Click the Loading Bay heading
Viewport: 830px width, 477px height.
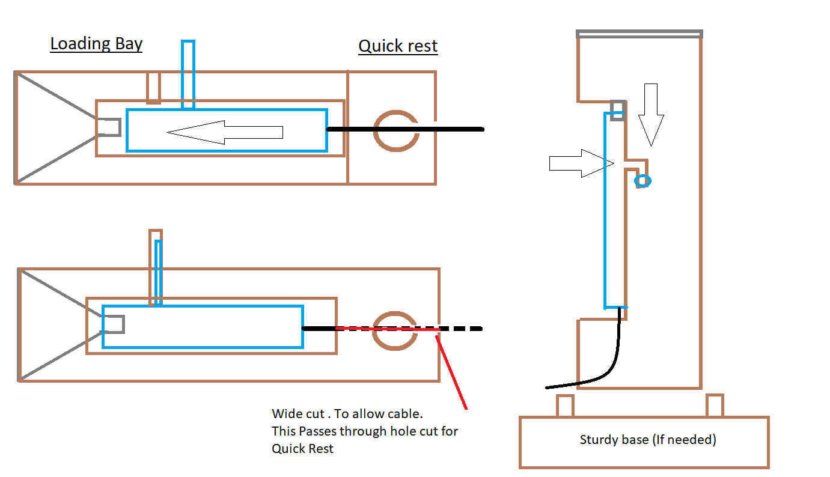click(x=96, y=44)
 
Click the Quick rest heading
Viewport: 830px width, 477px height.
click(x=398, y=46)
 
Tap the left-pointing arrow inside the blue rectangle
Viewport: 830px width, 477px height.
click(x=225, y=132)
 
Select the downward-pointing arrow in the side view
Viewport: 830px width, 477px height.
click(x=651, y=115)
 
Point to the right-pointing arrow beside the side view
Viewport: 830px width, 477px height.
click(x=581, y=163)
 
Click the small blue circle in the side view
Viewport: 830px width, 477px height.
click(x=643, y=181)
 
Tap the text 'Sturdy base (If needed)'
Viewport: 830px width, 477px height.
click(x=648, y=440)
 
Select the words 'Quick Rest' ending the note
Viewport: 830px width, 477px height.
click(x=302, y=449)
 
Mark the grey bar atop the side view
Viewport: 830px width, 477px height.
click(x=639, y=34)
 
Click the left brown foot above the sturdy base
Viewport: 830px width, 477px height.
click(x=565, y=406)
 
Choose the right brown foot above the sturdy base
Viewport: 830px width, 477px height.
click(x=715, y=406)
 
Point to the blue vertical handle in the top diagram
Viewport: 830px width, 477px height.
click(x=188, y=74)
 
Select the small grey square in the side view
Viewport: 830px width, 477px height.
click(x=618, y=111)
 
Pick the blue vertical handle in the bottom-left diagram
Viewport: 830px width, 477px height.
click(x=158, y=273)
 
